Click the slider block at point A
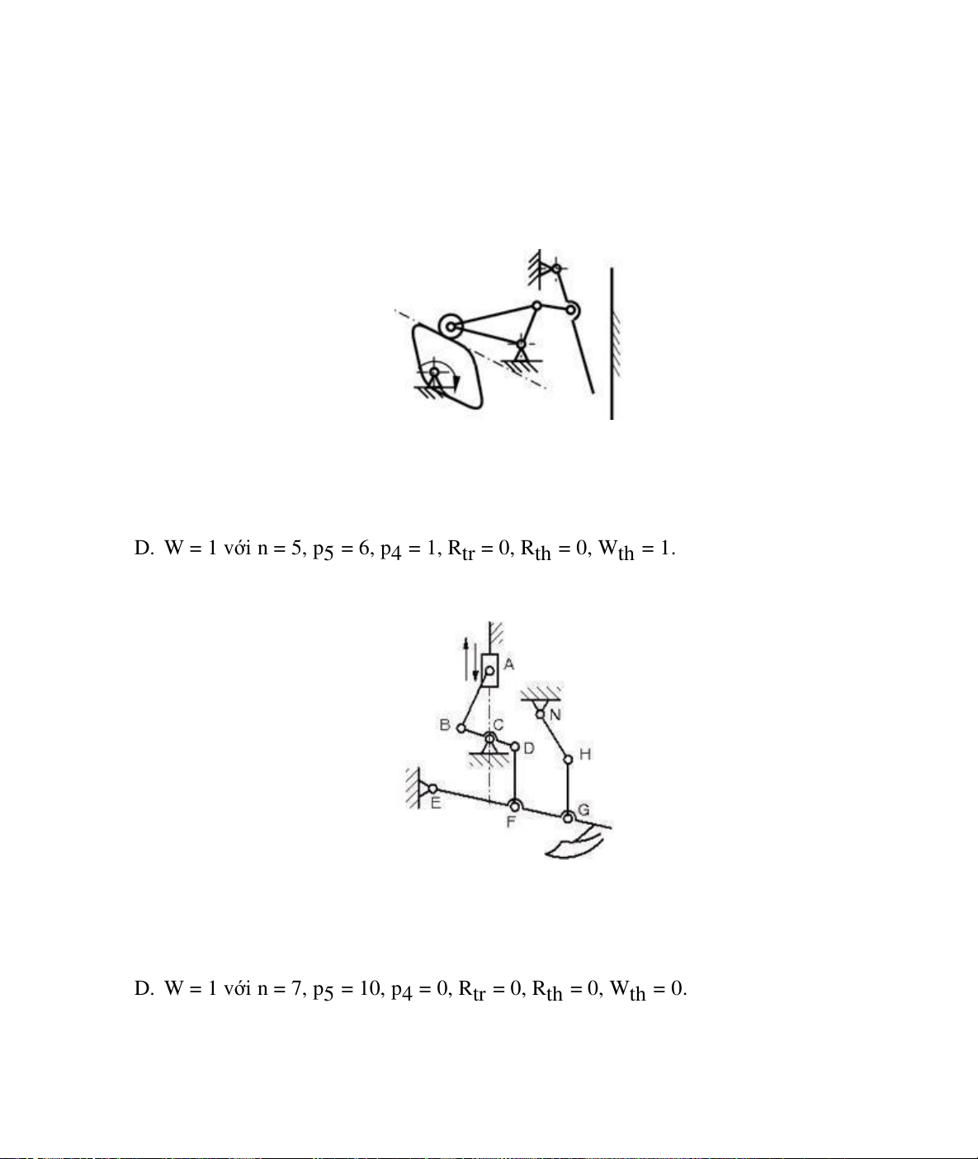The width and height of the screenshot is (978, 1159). point(489,671)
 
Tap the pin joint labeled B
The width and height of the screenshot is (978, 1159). point(461,728)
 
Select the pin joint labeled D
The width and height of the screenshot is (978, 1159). point(515,747)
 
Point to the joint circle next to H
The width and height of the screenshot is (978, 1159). point(568,760)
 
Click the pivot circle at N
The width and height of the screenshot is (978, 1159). point(540,714)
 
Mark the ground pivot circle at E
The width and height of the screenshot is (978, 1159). point(432,789)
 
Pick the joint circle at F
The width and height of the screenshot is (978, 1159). point(515,806)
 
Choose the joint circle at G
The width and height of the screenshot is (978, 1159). point(568,817)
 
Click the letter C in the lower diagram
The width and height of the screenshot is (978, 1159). point(498,725)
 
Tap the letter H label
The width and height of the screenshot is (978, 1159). point(585,754)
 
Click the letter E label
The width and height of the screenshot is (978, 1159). point(436,803)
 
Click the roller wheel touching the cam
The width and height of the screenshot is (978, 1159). point(451,327)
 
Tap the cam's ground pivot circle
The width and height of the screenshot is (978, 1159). point(435,372)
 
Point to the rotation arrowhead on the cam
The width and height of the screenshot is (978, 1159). point(456,382)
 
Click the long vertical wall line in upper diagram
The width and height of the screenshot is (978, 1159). point(612,344)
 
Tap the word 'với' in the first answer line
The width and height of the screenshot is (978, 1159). point(238,549)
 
